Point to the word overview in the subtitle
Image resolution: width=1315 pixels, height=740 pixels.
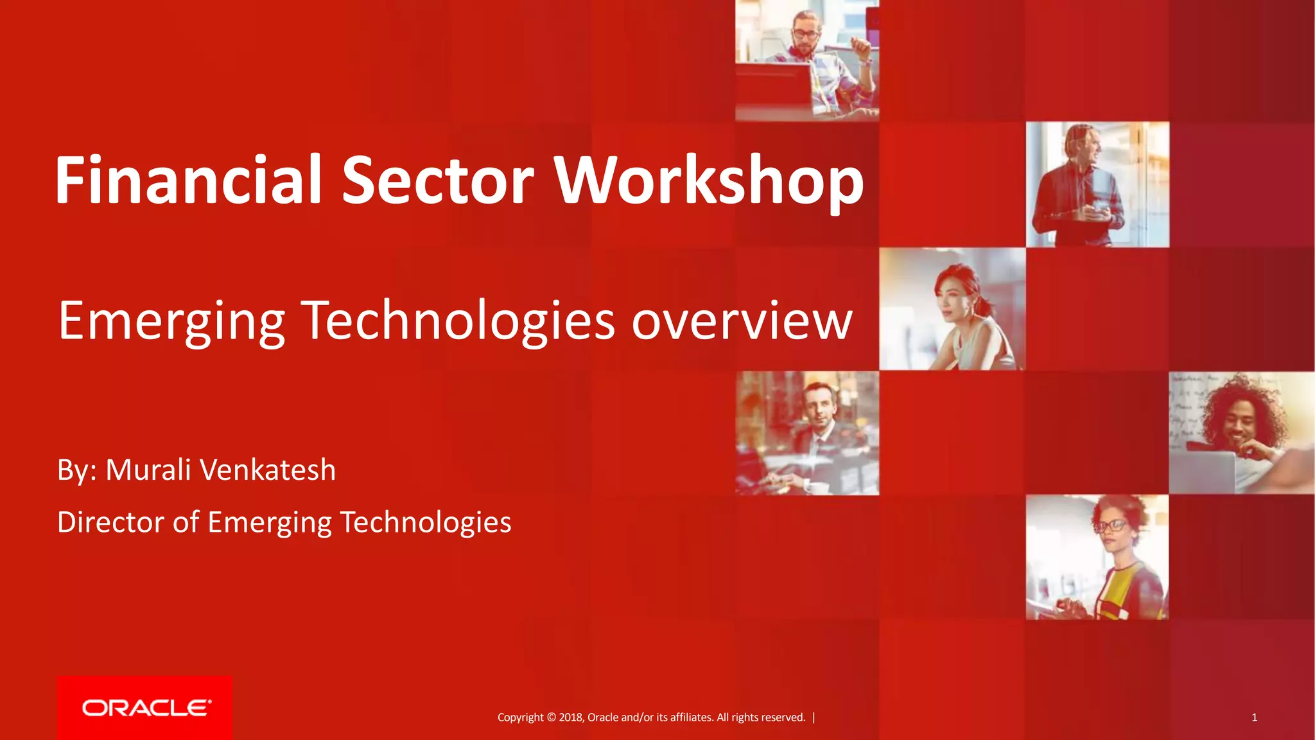pos(742,321)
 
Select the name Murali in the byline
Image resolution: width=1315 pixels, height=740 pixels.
pos(148,470)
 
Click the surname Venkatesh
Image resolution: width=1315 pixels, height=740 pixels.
pos(268,470)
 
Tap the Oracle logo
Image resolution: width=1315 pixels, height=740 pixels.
pos(145,708)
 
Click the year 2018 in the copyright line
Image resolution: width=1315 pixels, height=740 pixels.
pos(570,718)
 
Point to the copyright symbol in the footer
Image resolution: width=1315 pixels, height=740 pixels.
pos(551,718)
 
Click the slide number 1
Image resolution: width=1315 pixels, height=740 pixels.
pos(1254,718)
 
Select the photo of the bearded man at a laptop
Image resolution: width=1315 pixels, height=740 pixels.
pos(807,60)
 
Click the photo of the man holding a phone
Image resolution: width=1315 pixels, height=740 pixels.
pos(1097,184)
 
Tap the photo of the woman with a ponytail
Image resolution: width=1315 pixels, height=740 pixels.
pos(952,309)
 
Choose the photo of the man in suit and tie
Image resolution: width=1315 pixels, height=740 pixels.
pos(807,433)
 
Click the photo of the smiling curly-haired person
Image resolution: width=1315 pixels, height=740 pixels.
pos(1241,433)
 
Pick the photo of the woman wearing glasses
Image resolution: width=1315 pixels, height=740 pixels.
pos(1097,557)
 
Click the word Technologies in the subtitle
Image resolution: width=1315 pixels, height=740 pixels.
pos(458,321)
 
